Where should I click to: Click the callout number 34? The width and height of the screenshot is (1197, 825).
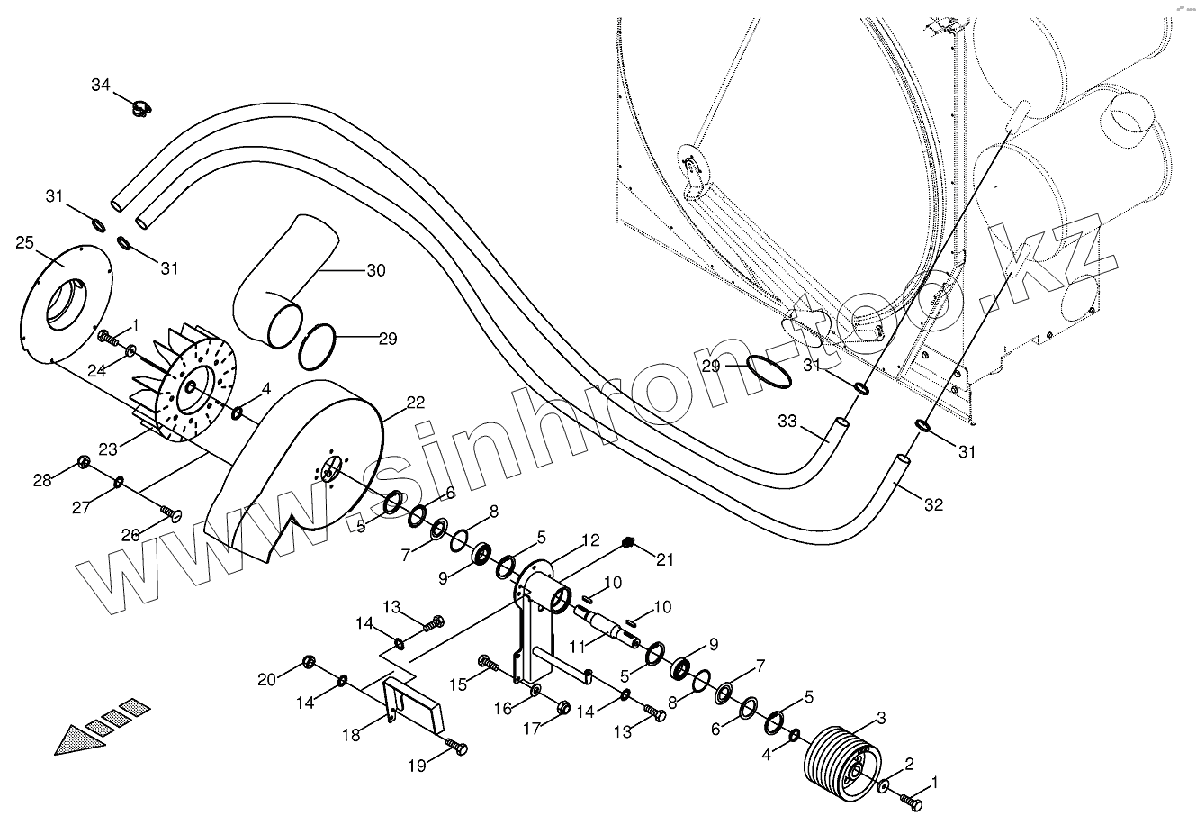pyautogui.click(x=101, y=85)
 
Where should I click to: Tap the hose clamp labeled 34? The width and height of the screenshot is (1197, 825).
pyautogui.click(x=141, y=110)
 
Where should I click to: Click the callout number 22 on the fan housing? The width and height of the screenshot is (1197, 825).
pyautogui.click(x=415, y=404)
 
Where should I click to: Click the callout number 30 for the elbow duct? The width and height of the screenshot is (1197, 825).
pyautogui.click(x=375, y=270)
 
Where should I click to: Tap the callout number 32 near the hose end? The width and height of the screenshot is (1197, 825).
pyautogui.click(x=933, y=505)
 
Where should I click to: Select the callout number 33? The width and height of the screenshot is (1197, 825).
pyautogui.click(x=787, y=420)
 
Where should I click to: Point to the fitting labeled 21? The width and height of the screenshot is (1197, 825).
pyautogui.click(x=627, y=542)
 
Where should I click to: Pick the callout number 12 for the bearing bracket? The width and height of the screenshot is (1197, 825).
pyautogui.click(x=590, y=541)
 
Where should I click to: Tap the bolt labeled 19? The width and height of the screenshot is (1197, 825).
pyautogui.click(x=457, y=747)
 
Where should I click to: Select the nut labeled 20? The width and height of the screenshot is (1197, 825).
pyautogui.click(x=309, y=661)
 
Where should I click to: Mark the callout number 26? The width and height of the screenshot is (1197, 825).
pyautogui.click(x=131, y=535)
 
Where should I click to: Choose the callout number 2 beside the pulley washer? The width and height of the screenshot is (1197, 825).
pyautogui.click(x=910, y=765)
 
